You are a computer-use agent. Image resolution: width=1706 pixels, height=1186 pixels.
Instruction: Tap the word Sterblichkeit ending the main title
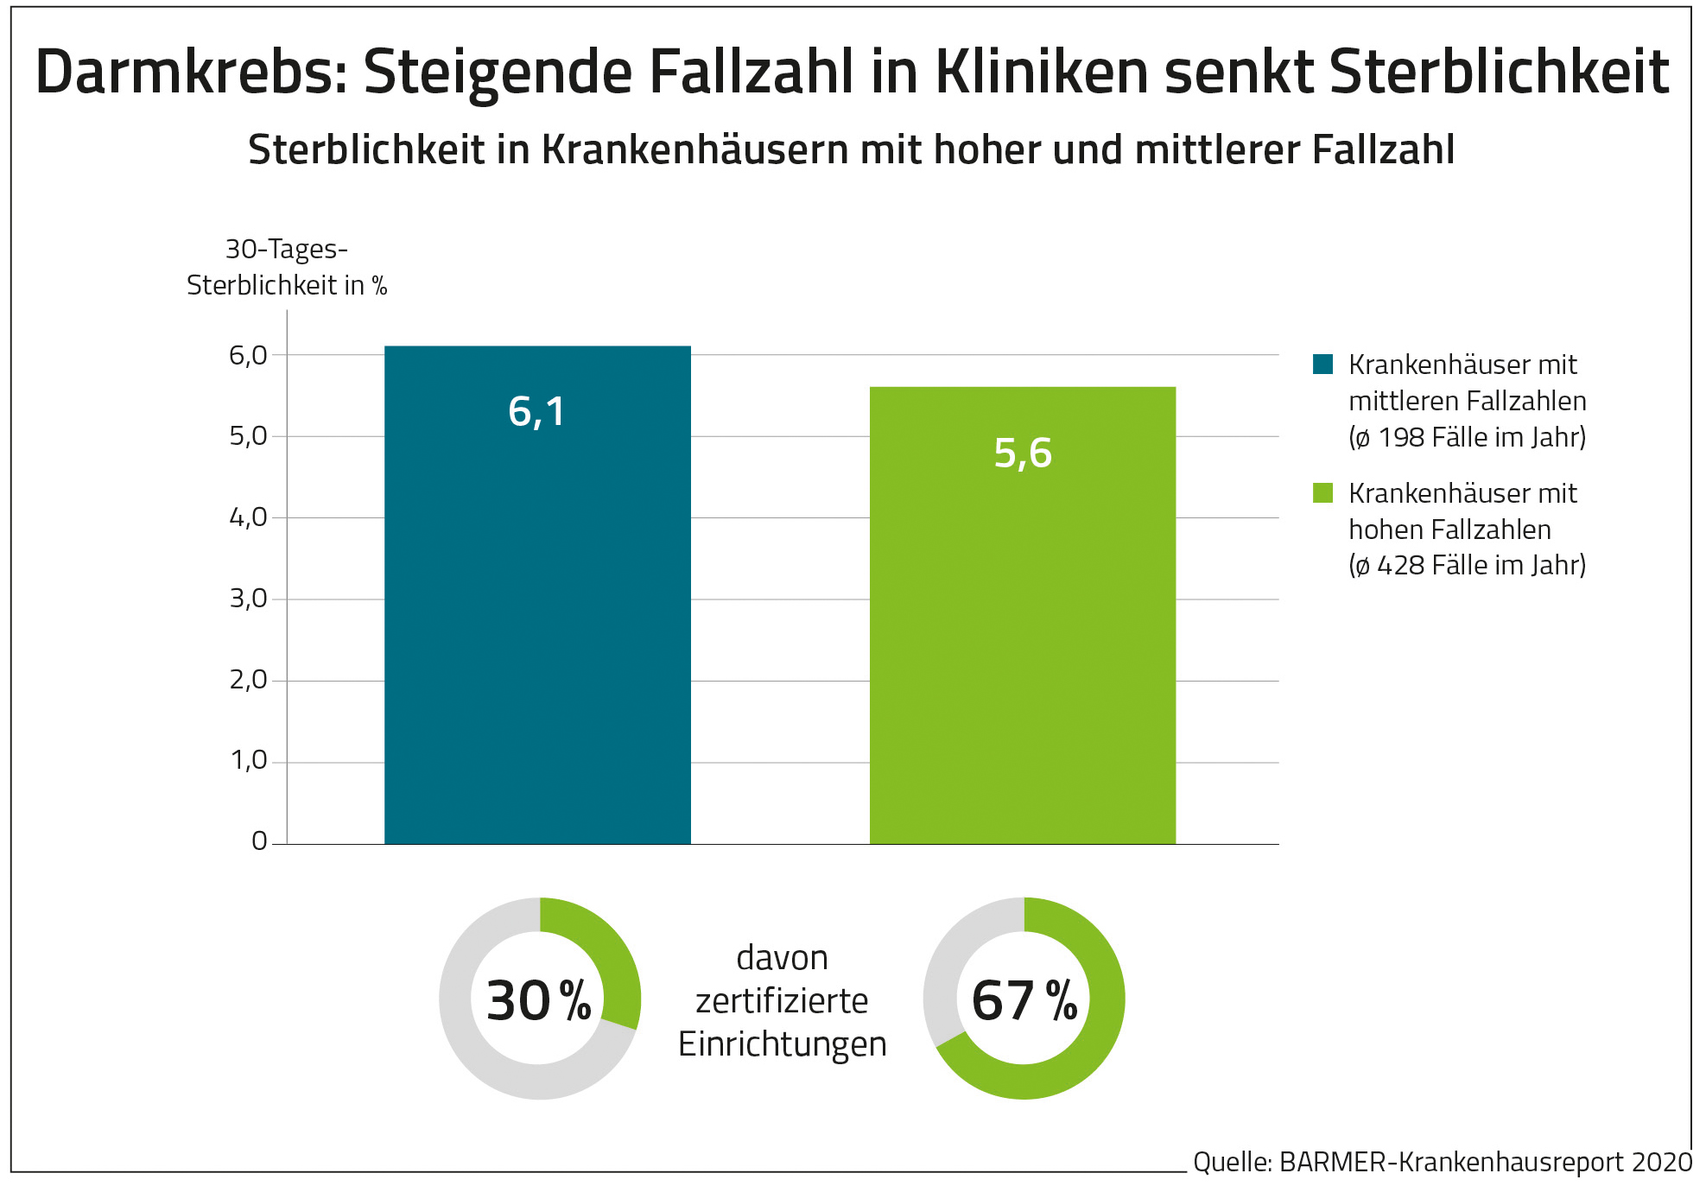click(x=1499, y=72)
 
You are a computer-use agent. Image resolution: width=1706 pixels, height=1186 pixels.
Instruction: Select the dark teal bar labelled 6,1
click(x=537, y=605)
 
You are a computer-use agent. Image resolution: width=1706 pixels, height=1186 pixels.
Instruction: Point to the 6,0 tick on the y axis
click(x=248, y=355)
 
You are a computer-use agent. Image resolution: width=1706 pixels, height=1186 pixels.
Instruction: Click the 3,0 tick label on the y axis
click(x=248, y=599)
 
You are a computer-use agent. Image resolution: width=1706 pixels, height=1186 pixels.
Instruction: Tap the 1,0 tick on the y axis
click(x=248, y=761)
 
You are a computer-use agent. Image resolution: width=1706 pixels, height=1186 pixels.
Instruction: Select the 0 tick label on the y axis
click(x=259, y=841)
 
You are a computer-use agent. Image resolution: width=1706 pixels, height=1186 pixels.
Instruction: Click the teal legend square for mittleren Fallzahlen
click(x=1322, y=364)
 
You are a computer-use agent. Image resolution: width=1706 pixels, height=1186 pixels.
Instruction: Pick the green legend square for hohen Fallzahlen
click(x=1322, y=492)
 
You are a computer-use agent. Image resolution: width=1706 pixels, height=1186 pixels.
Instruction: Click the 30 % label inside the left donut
click(x=538, y=1001)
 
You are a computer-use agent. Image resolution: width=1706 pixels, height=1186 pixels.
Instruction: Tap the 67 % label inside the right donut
click(x=1024, y=1001)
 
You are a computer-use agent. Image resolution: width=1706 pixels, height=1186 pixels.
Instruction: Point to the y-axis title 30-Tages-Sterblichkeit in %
click(x=287, y=267)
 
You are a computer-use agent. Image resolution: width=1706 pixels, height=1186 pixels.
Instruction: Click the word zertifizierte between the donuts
click(x=782, y=1001)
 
